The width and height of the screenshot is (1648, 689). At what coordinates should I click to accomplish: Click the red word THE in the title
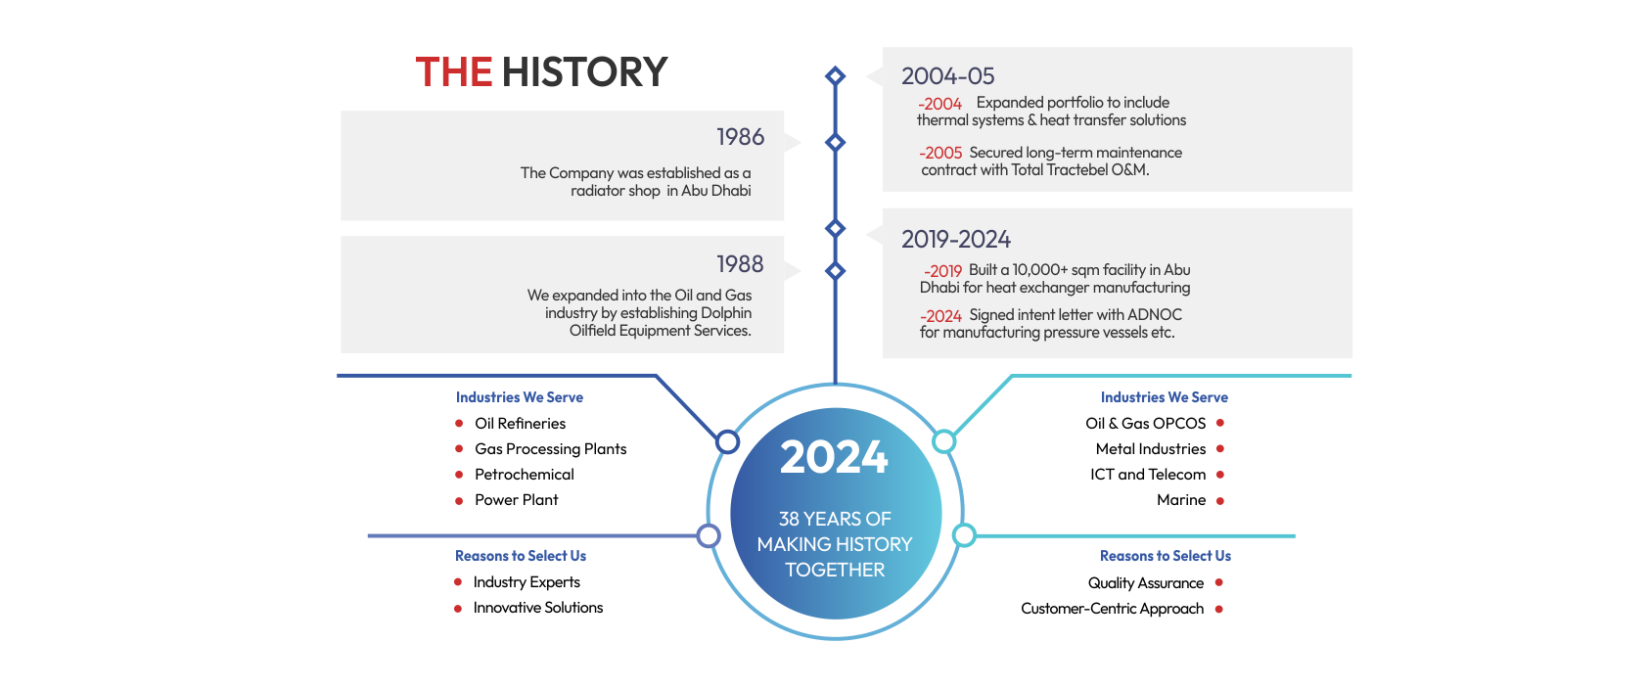pyautogui.click(x=454, y=72)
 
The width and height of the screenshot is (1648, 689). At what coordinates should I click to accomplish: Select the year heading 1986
pyautogui.click(x=740, y=137)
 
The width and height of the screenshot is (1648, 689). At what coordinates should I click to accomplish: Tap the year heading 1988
pyautogui.click(x=740, y=263)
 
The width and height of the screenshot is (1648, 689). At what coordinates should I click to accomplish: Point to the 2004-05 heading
pyautogui.click(x=947, y=75)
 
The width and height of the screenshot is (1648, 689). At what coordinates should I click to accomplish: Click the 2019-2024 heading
pyautogui.click(x=956, y=239)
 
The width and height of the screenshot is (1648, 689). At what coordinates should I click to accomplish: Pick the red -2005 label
pyautogui.click(x=940, y=153)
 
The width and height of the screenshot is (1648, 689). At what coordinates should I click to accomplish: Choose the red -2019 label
pyautogui.click(x=942, y=271)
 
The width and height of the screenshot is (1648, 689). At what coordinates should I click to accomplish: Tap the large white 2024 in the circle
pyautogui.click(x=835, y=457)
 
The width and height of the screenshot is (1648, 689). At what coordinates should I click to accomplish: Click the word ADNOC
pyautogui.click(x=1155, y=315)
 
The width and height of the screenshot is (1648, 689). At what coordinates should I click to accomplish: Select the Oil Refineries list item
pyautogui.click(x=521, y=423)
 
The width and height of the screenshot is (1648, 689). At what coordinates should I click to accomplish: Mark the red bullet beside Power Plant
pyautogui.click(x=459, y=501)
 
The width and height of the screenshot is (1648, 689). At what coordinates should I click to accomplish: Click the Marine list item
pyautogui.click(x=1181, y=500)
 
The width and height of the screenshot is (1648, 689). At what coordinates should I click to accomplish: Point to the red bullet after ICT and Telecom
pyautogui.click(x=1219, y=475)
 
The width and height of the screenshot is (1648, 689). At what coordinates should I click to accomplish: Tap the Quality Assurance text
pyautogui.click(x=1146, y=583)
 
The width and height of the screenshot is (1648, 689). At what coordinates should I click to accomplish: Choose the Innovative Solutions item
pyautogui.click(x=538, y=608)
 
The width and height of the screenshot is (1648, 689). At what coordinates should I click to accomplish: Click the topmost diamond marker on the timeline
pyautogui.click(x=835, y=75)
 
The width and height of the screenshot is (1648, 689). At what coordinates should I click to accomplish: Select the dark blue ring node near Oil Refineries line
pyautogui.click(x=728, y=441)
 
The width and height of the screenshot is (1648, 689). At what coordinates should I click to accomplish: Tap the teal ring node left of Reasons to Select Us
pyautogui.click(x=964, y=535)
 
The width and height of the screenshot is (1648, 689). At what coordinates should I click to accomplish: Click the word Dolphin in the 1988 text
pyautogui.click(x=726, y=313)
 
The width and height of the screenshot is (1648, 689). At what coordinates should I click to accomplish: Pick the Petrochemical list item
pyautogui.click(x=525, y=475)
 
